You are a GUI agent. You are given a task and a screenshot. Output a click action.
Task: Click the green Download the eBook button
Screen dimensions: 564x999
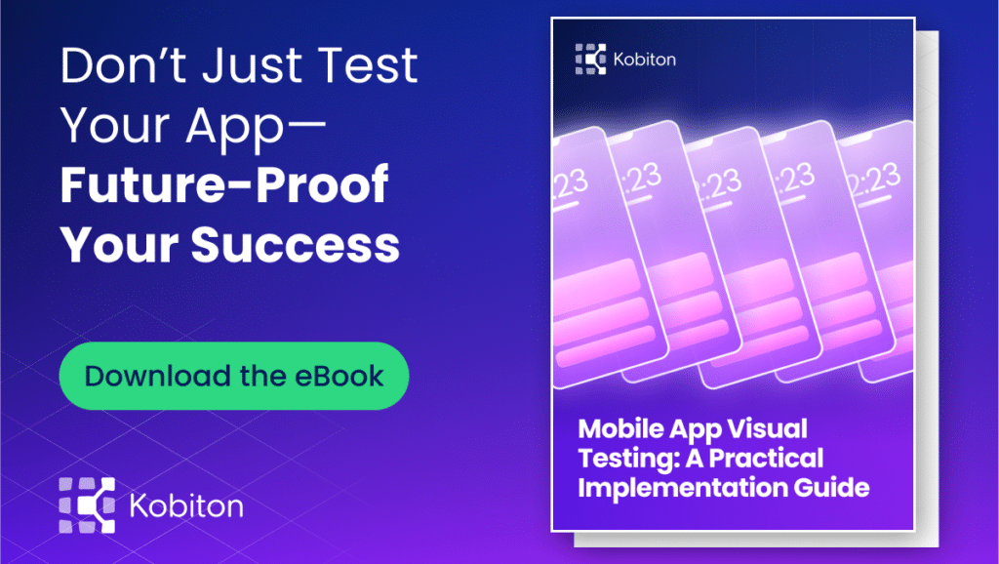pos(234,376)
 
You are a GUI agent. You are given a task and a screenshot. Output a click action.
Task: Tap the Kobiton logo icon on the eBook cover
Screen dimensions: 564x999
pos(591,60)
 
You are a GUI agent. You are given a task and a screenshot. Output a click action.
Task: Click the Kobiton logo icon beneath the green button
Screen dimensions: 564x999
pos(87,506)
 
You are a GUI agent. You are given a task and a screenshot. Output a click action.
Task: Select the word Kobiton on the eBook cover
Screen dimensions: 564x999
pos(644,60)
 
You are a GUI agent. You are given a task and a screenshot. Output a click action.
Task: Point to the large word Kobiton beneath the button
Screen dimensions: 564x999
pos(186,506)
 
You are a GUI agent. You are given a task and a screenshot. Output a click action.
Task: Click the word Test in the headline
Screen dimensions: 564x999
pos(365,65)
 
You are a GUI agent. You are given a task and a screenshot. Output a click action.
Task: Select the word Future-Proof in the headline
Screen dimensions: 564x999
pos(224,184)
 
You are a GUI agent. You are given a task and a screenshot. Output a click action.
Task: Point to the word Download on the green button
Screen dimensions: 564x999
pos(151,376)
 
